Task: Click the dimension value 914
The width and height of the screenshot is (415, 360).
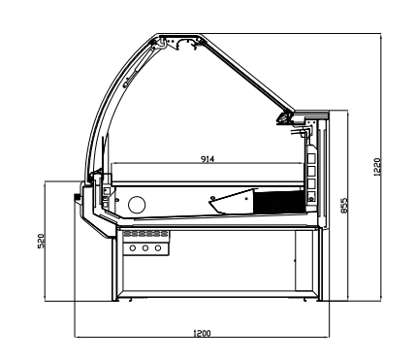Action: [x=207, y=158]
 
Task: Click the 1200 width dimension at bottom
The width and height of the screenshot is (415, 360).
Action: [x=202, y=333]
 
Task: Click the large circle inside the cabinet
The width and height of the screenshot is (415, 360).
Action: [x=138, y=204]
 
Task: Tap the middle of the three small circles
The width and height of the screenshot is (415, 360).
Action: [x=145, y=248]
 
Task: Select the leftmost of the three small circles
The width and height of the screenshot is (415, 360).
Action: [x=133, y=248]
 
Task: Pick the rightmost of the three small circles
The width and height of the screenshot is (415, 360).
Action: [x=158, y=248]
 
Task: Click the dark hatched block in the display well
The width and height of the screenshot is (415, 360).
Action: [x=275, y=201]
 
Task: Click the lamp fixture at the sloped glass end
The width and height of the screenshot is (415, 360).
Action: [x=284, y=117]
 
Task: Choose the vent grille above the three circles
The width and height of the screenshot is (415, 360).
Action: [x=145, y=235]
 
